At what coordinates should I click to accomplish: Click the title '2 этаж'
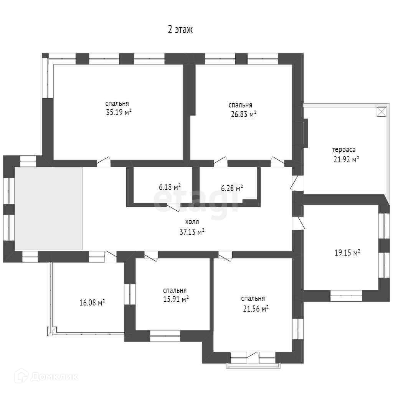pyautogui.click(x=180, y=30)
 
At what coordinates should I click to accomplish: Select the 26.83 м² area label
pyautogui.click(x=242, y=114)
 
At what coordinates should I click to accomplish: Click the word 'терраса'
pyautogui.click(x=343, y=150)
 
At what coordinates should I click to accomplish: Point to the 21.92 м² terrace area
pyautogui.click(x=346, y=159)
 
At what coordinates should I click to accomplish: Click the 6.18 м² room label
pyautogui.click(x=170, y=188)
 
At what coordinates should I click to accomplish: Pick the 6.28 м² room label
pyautogui.click(x=232, y=188)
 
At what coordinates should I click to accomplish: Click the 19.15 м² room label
pyautogui.click(x=347, y=253)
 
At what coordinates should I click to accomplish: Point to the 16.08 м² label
pyautogui.click(x=92, y=303)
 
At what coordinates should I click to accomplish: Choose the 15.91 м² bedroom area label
pyautogui.click(x=175, y=299)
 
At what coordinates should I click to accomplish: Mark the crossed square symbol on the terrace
pyautogui.click(x=381, y=111)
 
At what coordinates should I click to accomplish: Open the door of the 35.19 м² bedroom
pyautogui.click(x=104, y=163)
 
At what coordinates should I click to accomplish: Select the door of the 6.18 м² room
pyautogui.click(x=173, y=207)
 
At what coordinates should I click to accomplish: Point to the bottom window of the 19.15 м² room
pyautogui.click(x=346, y=295)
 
